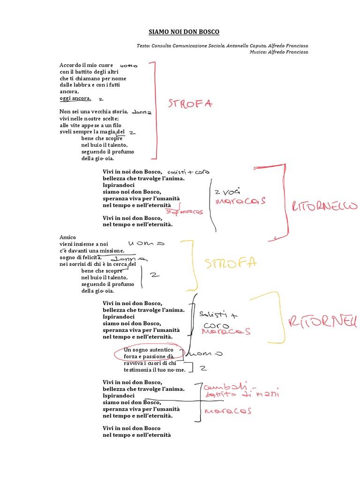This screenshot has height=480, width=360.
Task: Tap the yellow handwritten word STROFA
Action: point(231,264)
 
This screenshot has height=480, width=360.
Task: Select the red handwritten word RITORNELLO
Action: point(324,207)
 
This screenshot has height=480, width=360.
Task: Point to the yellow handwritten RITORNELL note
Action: point(322,322)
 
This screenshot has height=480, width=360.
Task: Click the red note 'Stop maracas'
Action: point(184,212)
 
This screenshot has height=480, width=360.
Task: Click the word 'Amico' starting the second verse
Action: point(68,237)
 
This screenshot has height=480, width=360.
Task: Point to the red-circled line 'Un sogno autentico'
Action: point(148,350)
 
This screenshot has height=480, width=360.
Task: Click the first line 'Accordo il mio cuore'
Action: point(86,65)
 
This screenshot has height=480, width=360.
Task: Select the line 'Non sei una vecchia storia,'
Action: point(94,112)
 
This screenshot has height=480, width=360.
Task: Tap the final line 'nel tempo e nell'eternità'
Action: point(136,435)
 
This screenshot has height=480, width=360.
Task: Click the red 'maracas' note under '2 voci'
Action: point(240,201)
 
